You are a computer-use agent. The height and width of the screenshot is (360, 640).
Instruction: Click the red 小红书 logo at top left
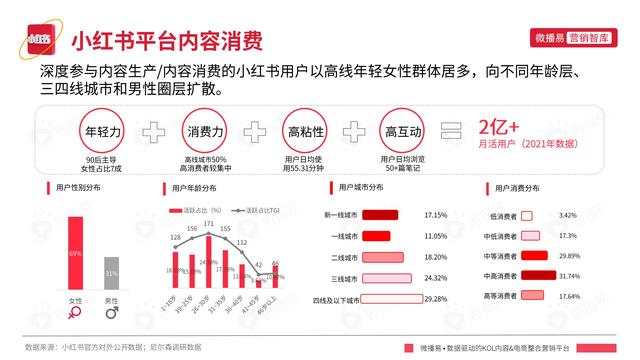click(38, 41)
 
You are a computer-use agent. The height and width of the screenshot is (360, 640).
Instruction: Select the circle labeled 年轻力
click(103, 132)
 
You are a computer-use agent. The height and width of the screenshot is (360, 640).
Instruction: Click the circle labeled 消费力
click(205, 132)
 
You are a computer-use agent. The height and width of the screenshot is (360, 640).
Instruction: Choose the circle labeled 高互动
click(402, 132)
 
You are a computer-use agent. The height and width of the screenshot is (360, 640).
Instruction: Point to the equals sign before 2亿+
click(452, 132)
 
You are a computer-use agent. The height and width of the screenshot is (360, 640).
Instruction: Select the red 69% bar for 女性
click(75, 254)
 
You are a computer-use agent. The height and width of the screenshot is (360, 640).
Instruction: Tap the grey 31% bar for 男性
click(111, 274)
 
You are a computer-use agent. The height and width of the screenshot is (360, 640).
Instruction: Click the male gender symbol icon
click(111, 314)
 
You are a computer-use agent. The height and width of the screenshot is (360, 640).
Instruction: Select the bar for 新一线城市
click(379, 215)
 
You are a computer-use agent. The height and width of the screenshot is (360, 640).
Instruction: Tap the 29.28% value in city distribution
click(435, 299)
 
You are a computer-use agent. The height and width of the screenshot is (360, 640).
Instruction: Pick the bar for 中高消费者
click(539, 275)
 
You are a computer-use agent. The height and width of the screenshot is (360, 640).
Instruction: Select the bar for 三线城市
click(385, 278)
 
